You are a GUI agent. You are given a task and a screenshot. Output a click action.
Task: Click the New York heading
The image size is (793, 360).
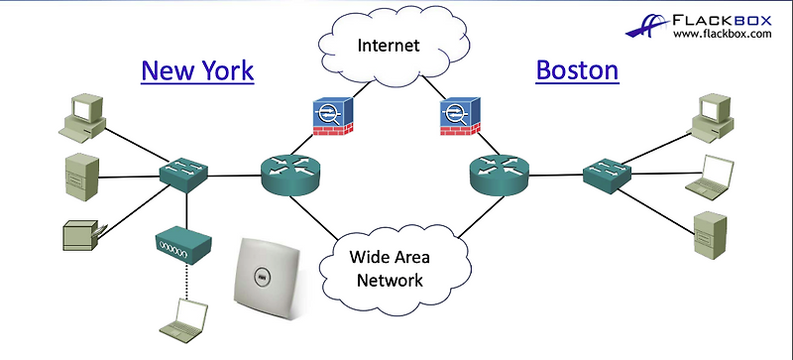tap(197, 70)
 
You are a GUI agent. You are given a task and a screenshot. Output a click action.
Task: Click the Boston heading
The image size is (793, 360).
tap(577, 70)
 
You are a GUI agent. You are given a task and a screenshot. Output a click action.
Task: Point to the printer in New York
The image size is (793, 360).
tap(81, 233)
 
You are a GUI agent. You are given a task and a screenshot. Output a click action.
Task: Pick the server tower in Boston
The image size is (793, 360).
tap(708, 230)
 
